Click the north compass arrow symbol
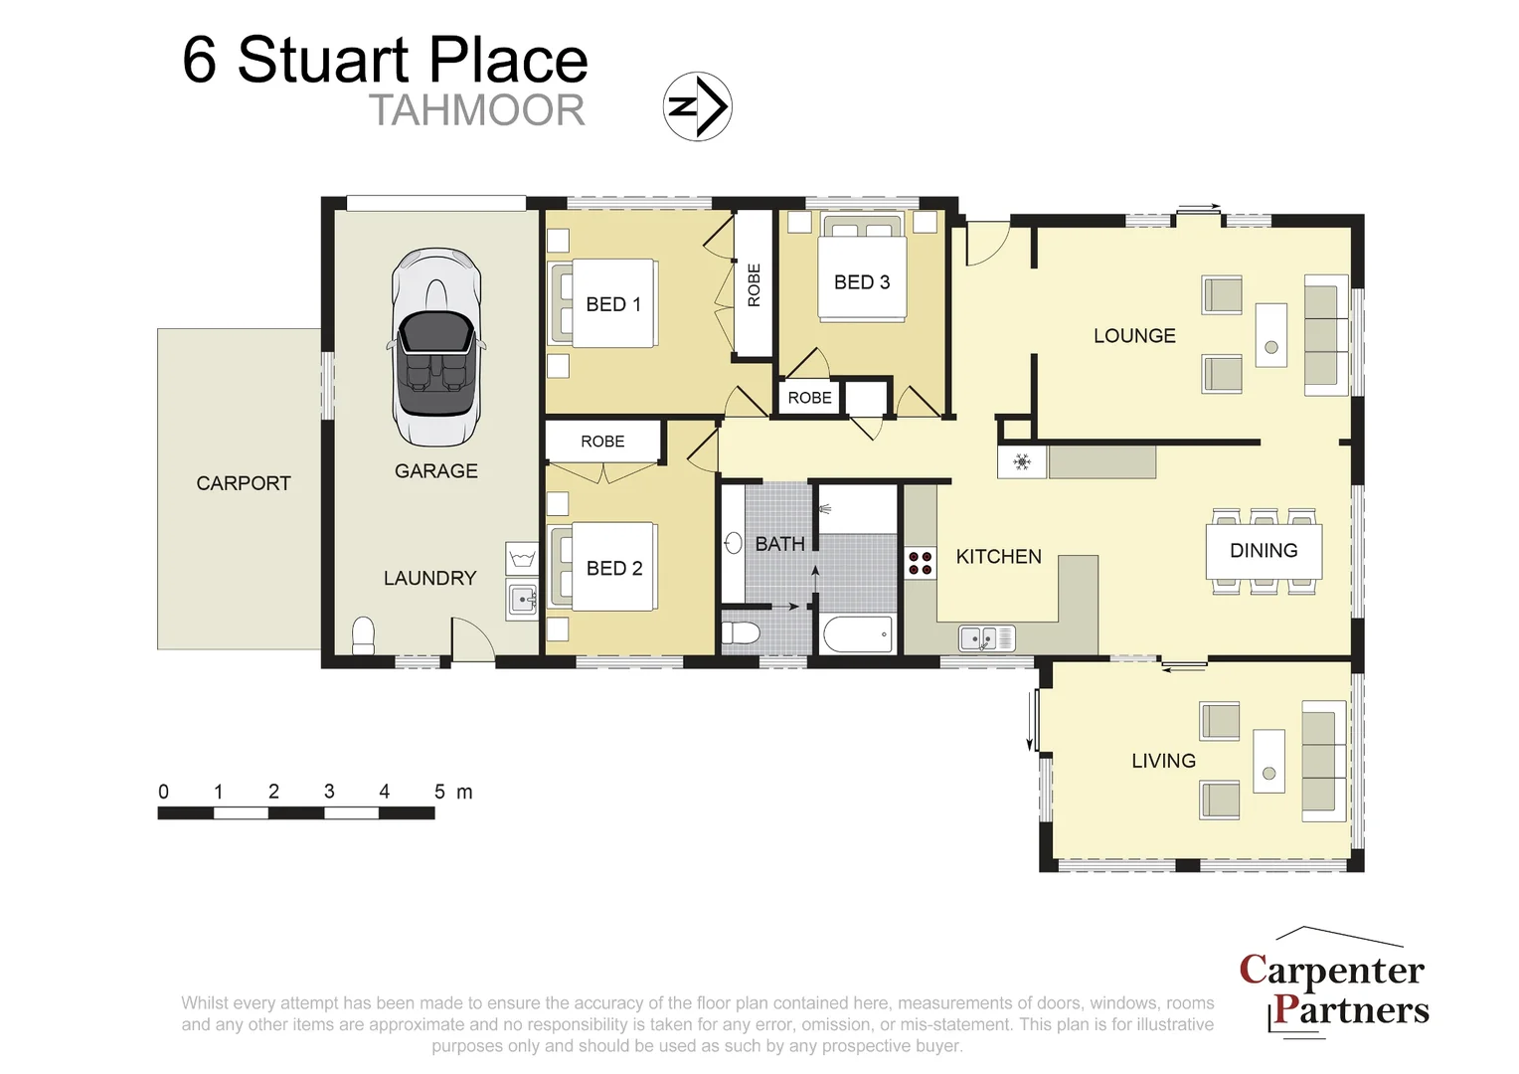[x=697, y=106]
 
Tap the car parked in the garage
[x=436, y=347]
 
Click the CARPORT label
[x=244, y=483]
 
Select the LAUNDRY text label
[x=429, y=578]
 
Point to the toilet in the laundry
[x=363, y=635]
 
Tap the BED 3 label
[x=861, y=282]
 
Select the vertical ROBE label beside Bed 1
[x=754, y=284]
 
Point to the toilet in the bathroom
[x=741, y=633]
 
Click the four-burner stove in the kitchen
[x=921, y=564]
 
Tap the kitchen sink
[x=985, y=637]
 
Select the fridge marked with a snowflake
[x=1021, y=462]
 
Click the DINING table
[x=1264, y=551]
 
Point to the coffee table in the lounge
[x=1270, y=336]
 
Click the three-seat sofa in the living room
[x=1324, y=761]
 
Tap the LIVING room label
[x=1163, y=761]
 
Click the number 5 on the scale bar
[x=439, y=792]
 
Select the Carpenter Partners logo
[x=1333, y=988]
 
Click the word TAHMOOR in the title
[x=476, y=110]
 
